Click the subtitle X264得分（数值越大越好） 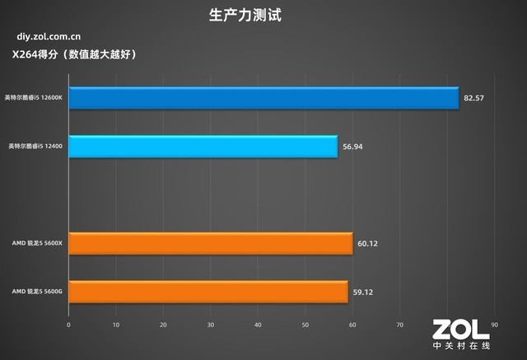[x=73, y=54]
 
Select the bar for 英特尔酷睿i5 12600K [x=263, y=98]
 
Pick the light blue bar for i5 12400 [x=203, y=147]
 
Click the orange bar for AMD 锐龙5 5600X [x=210, y=244]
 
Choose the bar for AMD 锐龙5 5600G [x=208, y=292]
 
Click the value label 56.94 [x=352, y=147]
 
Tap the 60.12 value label [x=367, y=244]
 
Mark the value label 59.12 [x=362, y=292]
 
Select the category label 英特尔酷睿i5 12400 [x=36, y=147]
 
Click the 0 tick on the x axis [x=69, y=325]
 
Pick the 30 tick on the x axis [x=211, y=325]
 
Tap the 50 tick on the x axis [x=305, y=325]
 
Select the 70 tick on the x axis [x=400, y=325]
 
